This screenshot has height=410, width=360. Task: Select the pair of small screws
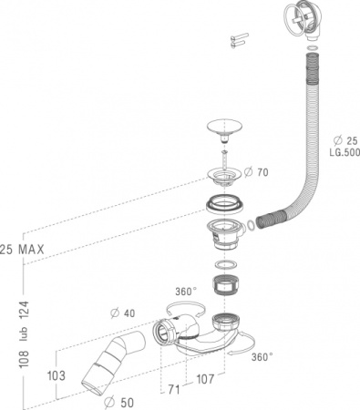tap(238, 38)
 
